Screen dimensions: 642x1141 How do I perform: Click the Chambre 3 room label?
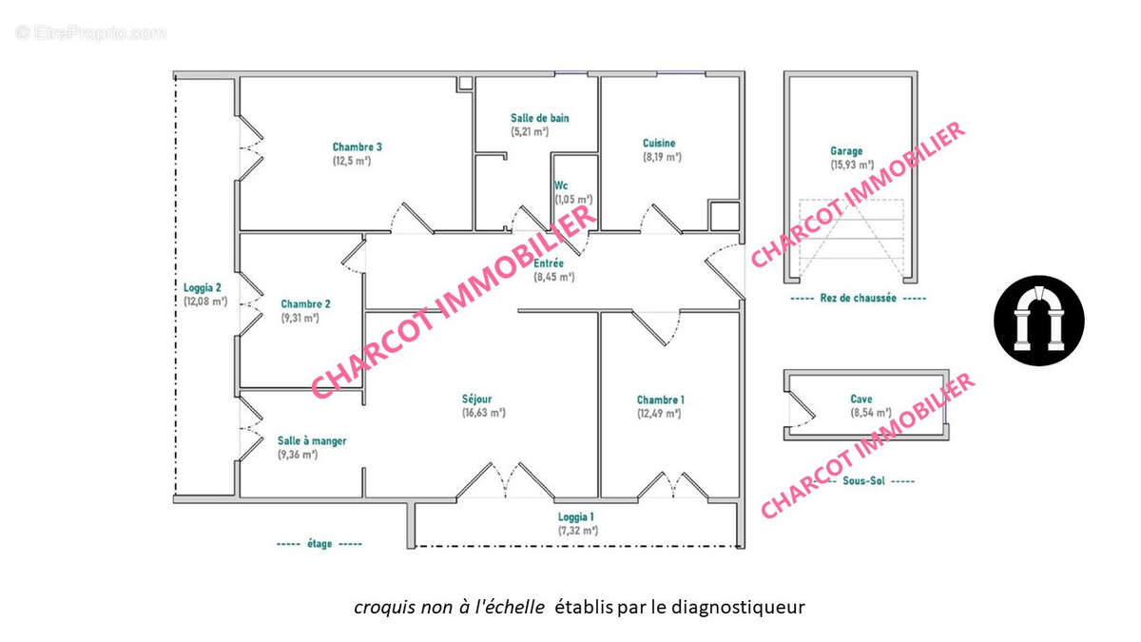[358, 146]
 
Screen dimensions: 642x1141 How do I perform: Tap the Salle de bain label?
[539, 118]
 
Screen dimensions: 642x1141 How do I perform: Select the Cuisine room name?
[659, 144]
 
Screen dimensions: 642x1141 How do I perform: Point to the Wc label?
[561, 185]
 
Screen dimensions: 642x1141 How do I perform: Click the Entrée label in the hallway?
[549, 263]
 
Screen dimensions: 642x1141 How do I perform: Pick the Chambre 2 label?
[305, 304]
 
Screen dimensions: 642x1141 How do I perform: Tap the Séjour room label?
[477, 399]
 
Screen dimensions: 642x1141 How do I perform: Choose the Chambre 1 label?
[660, 399]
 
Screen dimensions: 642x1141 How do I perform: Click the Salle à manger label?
[312, 441]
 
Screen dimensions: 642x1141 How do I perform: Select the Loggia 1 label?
[576, 517]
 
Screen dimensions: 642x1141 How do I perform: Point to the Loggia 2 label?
[203, 288]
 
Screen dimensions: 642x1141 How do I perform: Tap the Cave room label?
[862, 399]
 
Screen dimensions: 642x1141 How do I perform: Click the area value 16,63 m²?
[483, 413]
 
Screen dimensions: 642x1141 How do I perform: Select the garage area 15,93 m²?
[851, 165]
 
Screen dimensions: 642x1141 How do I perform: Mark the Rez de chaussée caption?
[858, 298]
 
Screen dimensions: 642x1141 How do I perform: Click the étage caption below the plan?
[319, 544]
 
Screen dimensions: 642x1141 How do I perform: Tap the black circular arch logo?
[1039, 321]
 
